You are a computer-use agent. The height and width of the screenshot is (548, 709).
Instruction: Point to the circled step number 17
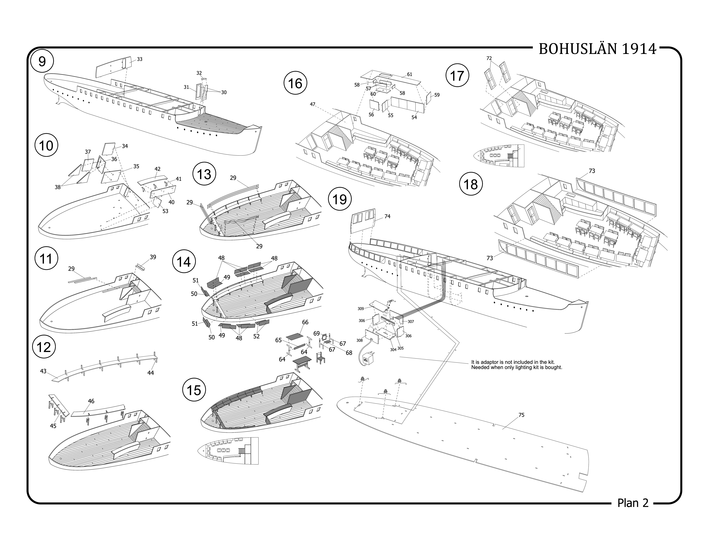point(457,76)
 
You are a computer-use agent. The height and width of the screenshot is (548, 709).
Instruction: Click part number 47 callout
point(313,104)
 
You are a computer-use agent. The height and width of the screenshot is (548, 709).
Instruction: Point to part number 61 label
point(410,74)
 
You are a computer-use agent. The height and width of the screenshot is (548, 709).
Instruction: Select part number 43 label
point(43,371)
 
